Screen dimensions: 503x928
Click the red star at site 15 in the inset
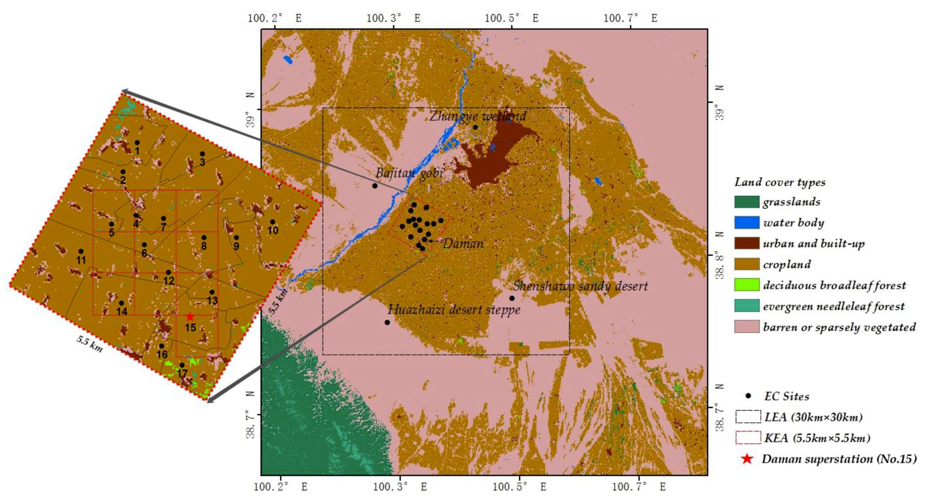[190, 317]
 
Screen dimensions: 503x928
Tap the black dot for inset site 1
[137, 142]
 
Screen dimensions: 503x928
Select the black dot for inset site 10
[272, 222]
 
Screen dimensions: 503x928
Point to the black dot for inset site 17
[182, 365]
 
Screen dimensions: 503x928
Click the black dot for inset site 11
[81, 251]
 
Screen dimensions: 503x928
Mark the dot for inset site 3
[202, 154]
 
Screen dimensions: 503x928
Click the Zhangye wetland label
[478, 116]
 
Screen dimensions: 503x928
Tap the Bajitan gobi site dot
[375, 186]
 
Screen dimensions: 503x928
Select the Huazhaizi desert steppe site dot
[387, 323]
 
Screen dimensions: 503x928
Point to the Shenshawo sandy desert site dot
[512, 298]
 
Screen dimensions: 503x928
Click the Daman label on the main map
[463, 243]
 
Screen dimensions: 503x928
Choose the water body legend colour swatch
[746, 223]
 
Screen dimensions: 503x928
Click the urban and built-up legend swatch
[746, 243]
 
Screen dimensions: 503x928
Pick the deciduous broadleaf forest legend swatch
[746, 285]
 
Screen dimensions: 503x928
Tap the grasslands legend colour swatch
[746, 202]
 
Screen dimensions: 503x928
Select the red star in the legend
[747, 459]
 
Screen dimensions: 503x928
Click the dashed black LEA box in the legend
[748, 416]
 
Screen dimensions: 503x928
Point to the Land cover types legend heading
[780, 182]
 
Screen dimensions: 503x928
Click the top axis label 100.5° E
[511, 18]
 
